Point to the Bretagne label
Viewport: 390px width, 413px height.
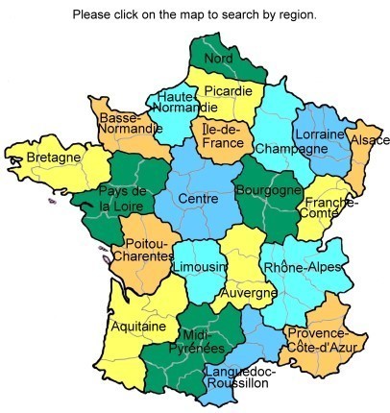click(46, 157)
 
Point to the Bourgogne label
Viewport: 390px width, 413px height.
click(267, 190)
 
